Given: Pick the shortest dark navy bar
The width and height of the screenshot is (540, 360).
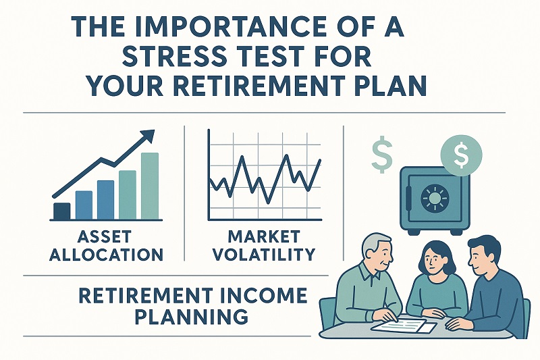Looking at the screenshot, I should tap(61, 211).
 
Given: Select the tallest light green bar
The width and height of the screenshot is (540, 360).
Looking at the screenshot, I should tap(150, 186).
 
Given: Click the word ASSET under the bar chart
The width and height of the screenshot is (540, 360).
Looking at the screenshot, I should tap(105, 236).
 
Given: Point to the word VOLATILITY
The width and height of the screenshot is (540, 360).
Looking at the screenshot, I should tap(263, 255).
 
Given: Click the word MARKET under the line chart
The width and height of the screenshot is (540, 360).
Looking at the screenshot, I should tap(263, 236).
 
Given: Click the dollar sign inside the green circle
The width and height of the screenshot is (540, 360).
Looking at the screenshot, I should tap(461, 155).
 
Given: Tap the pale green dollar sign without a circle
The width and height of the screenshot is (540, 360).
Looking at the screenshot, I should tap(382, 157).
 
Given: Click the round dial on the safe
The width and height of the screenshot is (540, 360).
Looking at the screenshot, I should tap(434, 197).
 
